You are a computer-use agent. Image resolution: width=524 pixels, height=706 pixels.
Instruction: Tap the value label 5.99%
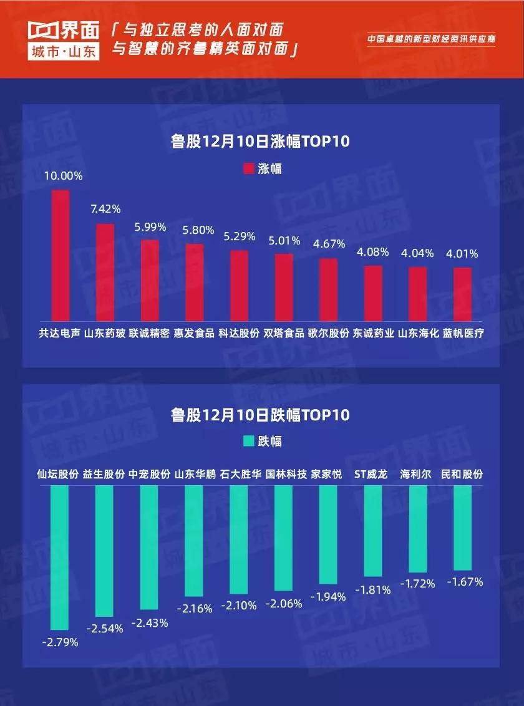(x=150, y=228)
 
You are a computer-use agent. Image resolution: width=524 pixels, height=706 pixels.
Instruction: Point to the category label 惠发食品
(x=194, y=333)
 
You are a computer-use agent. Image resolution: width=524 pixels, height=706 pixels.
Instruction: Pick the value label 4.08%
(x=372, y=253)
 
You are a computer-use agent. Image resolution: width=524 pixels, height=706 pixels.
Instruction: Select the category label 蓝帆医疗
(x=463, y=333)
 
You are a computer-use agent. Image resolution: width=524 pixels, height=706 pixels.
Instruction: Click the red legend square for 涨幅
(x=248, y=168)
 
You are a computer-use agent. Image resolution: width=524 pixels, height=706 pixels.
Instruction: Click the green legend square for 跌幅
(x=248, y=441)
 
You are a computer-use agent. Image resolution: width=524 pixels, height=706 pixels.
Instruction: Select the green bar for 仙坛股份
(x=59, y=558)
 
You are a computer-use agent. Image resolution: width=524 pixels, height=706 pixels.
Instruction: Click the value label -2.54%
(x=105, y=628)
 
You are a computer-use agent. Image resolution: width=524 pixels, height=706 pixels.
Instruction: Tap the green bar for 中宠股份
(x=149, y=547)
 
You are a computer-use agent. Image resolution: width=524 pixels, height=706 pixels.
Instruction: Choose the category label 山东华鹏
(x=195, y=474)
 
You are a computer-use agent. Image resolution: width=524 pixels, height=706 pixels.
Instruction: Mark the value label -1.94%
(x=327, y=597)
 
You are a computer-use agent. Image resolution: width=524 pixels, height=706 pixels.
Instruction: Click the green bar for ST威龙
(x=372, y=531)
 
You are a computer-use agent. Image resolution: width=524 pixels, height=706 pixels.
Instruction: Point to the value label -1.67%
(x=465, y=582)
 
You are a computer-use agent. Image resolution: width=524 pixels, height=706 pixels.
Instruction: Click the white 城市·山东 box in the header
(x=63, y=53)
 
